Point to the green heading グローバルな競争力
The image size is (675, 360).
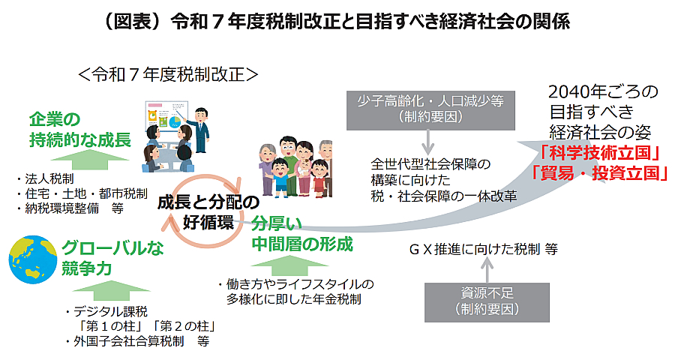pyautogui.click(x=112, y=258)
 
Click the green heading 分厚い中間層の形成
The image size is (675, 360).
pyautogui.click(x=301, y=234)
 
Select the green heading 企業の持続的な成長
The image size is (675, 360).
pyautogui.click(x=79, y=129)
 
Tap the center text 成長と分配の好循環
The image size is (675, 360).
pyautogui.click(x=208, y=211)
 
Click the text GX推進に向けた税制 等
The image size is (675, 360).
pyautogui.click(x=483, y=248)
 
